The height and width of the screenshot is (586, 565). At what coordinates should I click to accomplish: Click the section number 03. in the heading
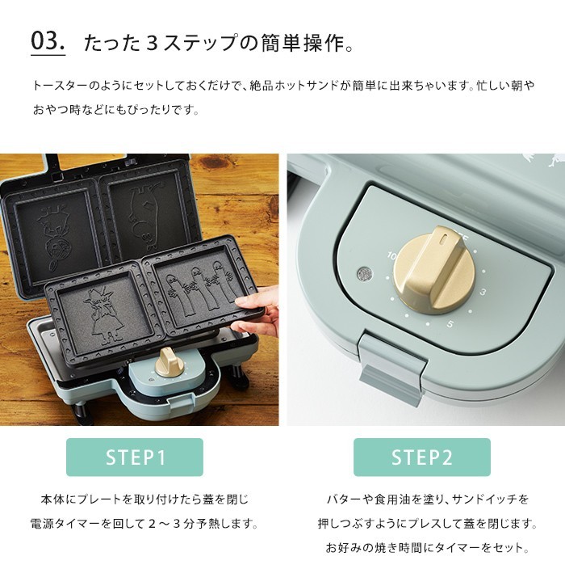pyautogui.click(x=48, y=41)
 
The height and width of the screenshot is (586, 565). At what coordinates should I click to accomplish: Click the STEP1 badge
pyautogui.click(x=135, y=457)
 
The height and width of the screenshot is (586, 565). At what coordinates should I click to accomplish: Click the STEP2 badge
pyautogui.click(x=421, y=457)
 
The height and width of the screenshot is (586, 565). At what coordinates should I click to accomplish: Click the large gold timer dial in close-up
pyautogui.click(x=437, y=271)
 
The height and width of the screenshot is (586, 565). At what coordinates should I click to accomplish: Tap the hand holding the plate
pyautogui.click(x=260, y=315)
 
